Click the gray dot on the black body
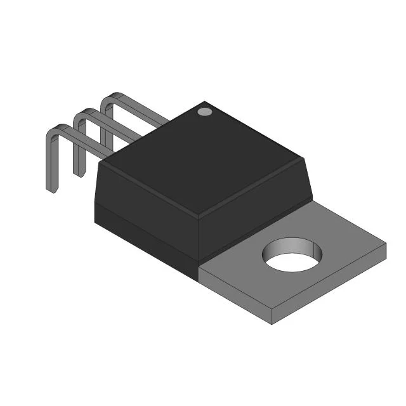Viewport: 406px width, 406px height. click(x=204, y=112)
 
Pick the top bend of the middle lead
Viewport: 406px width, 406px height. click(x=82, y=113)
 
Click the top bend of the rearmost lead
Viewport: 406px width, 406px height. click(x=110, y=97)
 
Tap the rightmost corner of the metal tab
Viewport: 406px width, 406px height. click(x=386, y=244)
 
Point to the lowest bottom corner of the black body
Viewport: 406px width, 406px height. click(x=197, y=279)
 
